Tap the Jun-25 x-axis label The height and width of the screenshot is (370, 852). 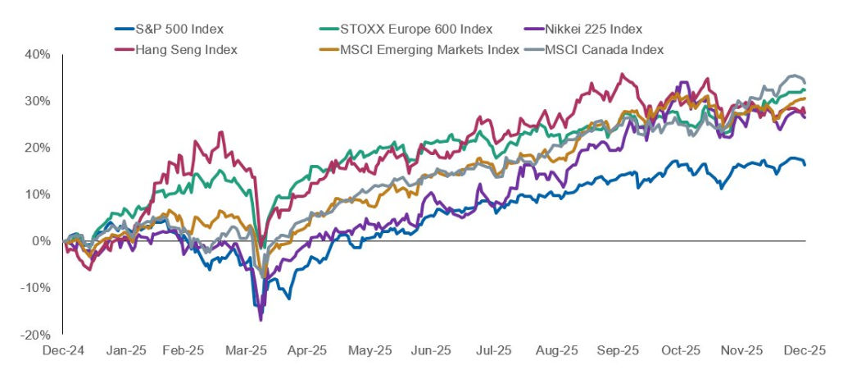click(x=433, y=350)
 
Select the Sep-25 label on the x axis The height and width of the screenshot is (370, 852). click(x=619, y=350)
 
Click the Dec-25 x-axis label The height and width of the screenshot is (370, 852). click(x=804, y=350)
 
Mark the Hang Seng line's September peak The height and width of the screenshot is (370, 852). click(x=623, y=74)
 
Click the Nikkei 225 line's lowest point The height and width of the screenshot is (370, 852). click(x=261, y=319)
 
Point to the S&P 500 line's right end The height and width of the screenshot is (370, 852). click(x=804, y=165)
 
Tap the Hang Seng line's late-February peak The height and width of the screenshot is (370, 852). click(x=220, y=132)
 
